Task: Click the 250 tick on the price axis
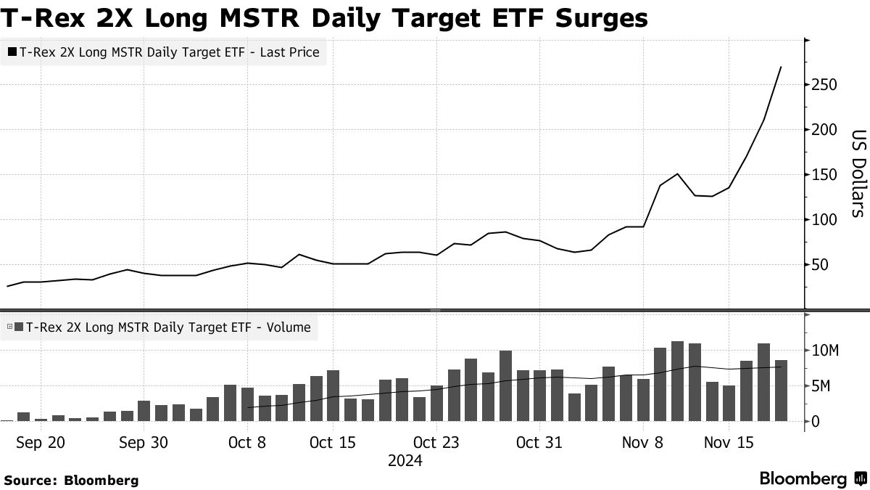coord(824,86)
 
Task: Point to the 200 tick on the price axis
coord(824,131)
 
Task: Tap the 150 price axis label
coord(824,175)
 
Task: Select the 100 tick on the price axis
coord(824,220)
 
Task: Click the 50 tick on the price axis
coord(820,265)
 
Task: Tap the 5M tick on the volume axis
coord(821,386)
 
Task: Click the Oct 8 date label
coord(247,442)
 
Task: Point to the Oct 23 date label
coord(436,442)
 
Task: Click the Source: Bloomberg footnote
coord(71,480)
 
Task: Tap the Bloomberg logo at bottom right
coord(812,479)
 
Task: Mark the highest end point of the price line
coord(781,68)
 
